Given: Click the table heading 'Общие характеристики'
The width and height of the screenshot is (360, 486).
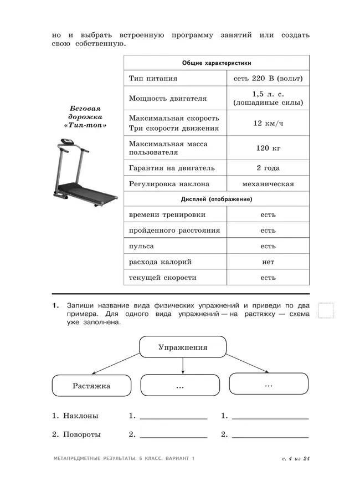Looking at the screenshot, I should click(x=217, y=63).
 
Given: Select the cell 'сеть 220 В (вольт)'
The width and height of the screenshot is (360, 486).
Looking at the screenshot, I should click(x=268, y=79).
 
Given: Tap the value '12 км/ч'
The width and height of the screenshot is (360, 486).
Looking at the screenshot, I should click(x=268, y=122).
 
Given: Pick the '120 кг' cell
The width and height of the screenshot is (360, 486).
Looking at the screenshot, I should click(x=268, y=147).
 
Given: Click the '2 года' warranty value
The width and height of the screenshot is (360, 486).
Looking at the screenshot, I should click(x=268, y=168).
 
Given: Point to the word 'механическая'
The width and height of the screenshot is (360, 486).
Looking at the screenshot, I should click(x=268, y=184).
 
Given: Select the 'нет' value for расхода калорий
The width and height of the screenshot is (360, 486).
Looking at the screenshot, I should click(x=268, y=262).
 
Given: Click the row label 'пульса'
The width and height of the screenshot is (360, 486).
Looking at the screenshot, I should click(x=141, y=245).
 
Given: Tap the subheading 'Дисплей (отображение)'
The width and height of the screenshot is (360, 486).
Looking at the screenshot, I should click(x=217, y=199).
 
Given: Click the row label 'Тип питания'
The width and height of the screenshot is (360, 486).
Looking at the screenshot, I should click(x=150, y=79).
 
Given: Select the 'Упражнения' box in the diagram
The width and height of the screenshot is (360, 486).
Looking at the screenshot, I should click(x=183, y=347).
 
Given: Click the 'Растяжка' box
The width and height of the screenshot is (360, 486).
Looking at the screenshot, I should click(x=91, y=386).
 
